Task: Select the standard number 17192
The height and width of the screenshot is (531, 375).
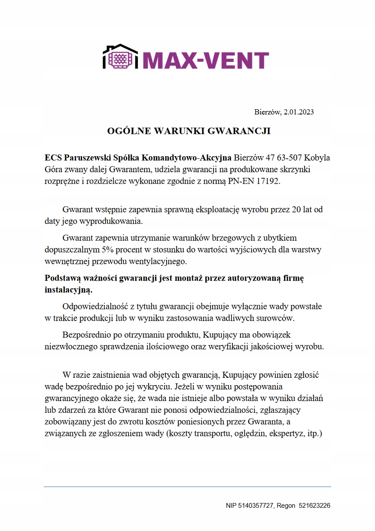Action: [x=268, y=181]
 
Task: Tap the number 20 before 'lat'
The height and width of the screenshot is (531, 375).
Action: [x=296, y=210]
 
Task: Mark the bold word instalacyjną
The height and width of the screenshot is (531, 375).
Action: [x=68, y=290]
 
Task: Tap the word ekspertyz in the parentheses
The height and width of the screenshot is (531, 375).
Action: [x=286, y=433]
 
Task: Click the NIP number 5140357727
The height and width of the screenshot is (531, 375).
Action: [x=256, y=506]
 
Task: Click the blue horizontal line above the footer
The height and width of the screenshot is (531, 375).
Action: [x=187, y=487]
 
